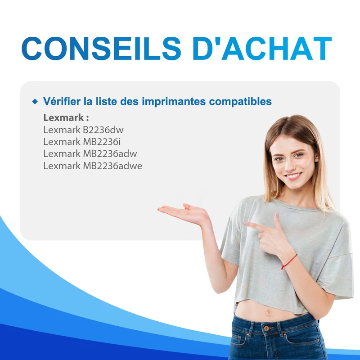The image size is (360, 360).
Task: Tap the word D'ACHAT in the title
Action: pos(262,49)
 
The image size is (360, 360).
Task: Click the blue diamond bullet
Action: pos(35,101)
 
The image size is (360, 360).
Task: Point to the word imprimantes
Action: pos(174,102)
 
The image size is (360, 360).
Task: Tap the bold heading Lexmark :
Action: pos(66,117)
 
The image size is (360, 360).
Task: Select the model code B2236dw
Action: pos(103,130)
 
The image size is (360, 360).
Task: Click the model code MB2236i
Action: pos(102,142)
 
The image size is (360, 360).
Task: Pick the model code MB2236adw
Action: pos(110,153)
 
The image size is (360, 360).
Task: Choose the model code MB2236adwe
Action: pos(112,166)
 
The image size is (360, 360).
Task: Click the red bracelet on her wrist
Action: pos(289,261)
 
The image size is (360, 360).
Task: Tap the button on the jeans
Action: pos(267,328)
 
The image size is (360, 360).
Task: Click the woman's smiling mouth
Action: pos(293,176)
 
